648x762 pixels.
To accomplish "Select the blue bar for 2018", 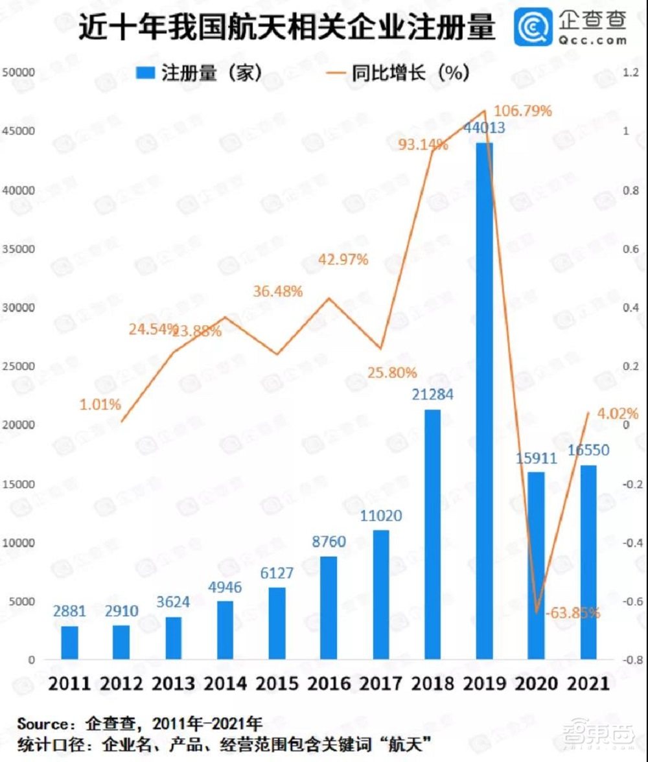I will pos(432,534).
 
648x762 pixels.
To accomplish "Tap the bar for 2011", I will pos(69,642).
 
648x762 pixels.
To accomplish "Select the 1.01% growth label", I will pos(100,405).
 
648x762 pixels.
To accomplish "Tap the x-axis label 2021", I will pos(587,684).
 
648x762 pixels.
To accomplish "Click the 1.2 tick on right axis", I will pos(631,73).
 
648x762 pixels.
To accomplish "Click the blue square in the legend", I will pos(146,73).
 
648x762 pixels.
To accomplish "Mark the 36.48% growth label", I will pos(277,292).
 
